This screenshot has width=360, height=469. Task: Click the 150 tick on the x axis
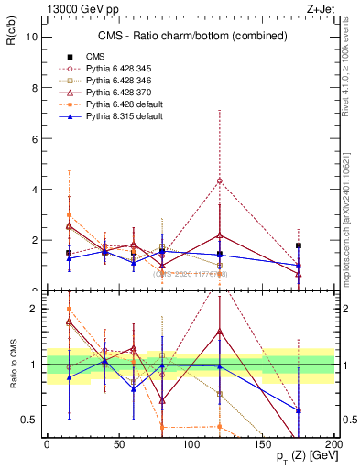262,442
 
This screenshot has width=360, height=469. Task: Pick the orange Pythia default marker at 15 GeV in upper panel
69,214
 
